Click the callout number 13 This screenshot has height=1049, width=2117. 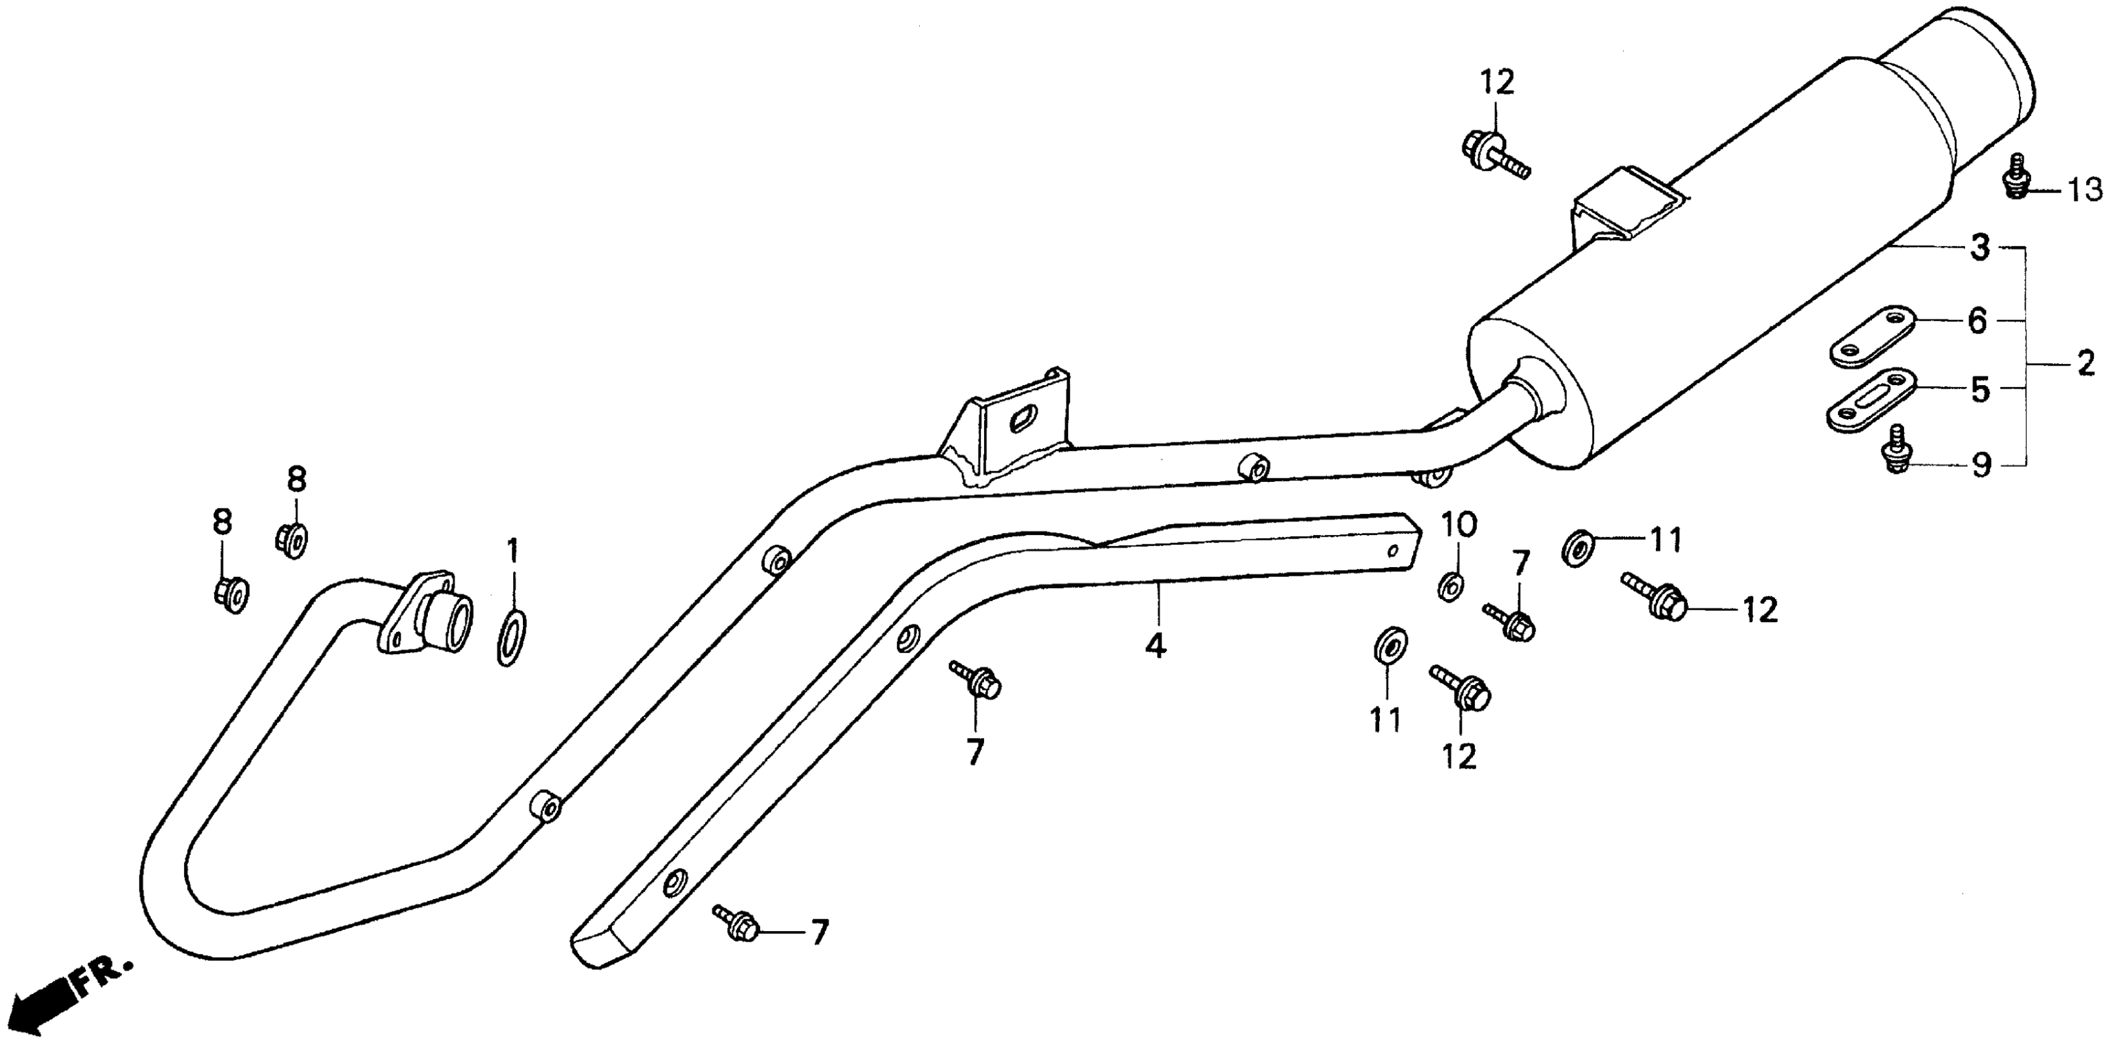(2083, 190)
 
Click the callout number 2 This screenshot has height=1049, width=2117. (2086, 363)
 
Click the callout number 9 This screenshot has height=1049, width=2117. (1981, 466)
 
